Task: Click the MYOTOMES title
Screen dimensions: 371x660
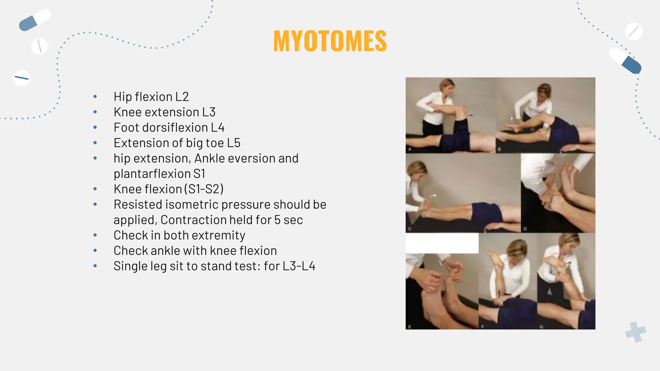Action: [330, 41]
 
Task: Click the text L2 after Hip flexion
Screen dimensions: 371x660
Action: [182, 97]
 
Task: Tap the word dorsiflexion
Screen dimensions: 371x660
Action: [175, 128]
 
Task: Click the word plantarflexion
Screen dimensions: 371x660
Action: [152, 174]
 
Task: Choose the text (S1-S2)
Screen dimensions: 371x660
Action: [204, 189]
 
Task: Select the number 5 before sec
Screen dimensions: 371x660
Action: [277, 220]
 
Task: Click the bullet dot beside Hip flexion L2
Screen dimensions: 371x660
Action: [95, 97]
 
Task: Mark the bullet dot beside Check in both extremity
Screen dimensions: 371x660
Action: [95, 235]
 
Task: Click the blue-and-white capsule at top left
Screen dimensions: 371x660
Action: [35, 20]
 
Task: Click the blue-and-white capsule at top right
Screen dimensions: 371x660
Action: [625, 61]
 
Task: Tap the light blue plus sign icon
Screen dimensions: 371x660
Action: [636, 332]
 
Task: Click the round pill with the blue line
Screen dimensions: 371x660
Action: [22, 78]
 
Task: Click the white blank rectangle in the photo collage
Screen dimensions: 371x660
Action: [442, 243]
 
